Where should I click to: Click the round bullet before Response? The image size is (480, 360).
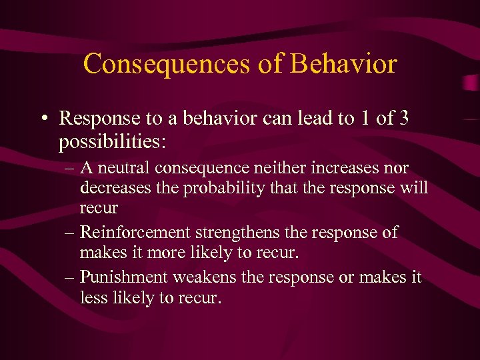(42, 119)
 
